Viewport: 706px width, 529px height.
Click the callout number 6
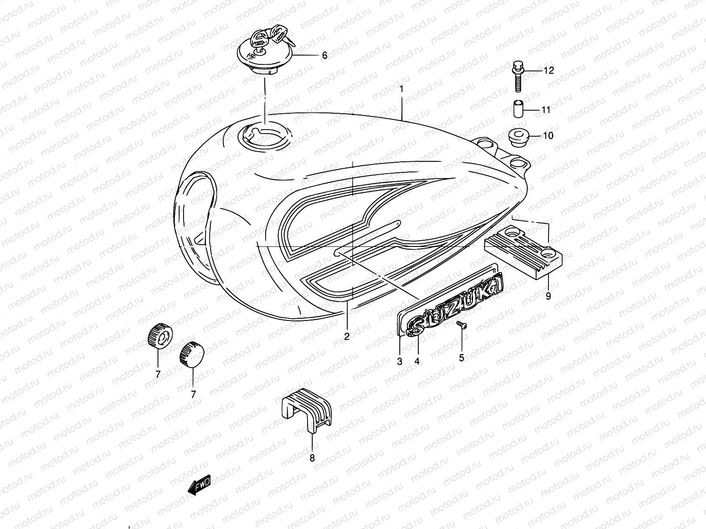coord(324,56)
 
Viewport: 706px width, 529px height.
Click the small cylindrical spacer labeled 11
coord(518,109)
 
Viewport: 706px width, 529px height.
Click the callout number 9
coord(548,296)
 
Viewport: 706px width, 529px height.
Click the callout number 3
coord(399,361)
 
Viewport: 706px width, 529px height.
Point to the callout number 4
coord(417,361)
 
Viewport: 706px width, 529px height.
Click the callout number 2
coord(347,337)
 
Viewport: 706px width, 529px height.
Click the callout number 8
coord(312,458)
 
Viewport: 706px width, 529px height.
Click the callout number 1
coord(402,89)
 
